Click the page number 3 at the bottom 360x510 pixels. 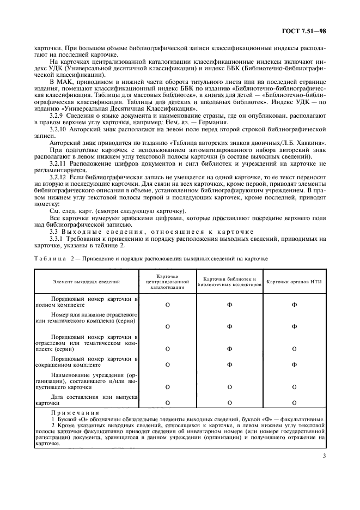coord(324,465)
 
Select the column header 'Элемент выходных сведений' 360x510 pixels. coord(87,281)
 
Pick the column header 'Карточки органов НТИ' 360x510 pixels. coord(295,281)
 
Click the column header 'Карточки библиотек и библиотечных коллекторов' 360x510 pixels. coord(229,281)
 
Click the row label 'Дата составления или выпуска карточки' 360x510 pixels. coord(87,400)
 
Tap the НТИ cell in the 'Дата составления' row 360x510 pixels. coord(295,403)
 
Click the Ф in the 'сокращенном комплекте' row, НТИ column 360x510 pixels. coord(295,365)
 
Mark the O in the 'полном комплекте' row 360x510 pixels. coord(167,305)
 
